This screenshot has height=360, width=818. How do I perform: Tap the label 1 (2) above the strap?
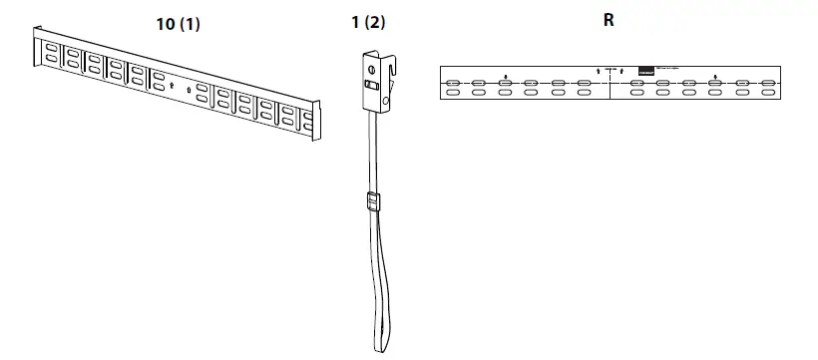[x=368, y=24]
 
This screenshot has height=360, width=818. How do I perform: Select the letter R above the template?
[x=609, y=20]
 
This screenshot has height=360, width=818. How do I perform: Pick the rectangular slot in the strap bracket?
[x=371, y=87]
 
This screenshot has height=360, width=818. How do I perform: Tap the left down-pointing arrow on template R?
[x=506, y=76]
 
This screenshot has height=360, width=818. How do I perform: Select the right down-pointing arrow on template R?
[x=714, y=76]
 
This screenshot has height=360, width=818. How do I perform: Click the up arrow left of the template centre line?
[x=598, y=71]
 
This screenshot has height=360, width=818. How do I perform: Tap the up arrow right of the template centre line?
[x=620, y=71]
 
